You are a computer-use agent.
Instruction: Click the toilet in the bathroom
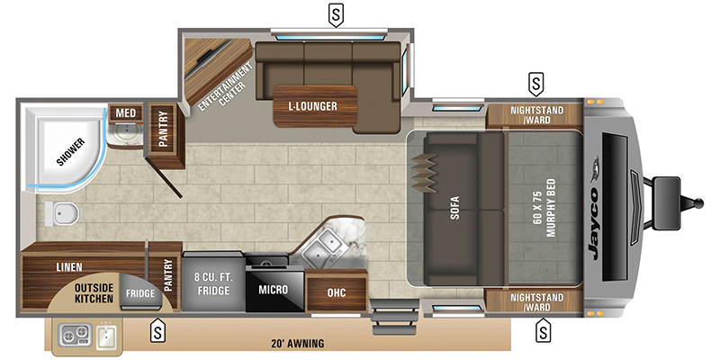(x=61, y=213)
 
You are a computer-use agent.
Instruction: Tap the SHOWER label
(x=71, y=152)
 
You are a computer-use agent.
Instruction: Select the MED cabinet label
(x=125, y=113)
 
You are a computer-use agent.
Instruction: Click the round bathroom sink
(x=126, y=137)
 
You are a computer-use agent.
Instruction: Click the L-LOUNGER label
(x=312, y=107)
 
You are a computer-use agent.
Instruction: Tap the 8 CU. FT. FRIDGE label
(x=213, y=283)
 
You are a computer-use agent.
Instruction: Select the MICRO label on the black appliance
(x=273, y=290)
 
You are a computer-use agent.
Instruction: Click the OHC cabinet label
(x=336, y=291)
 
